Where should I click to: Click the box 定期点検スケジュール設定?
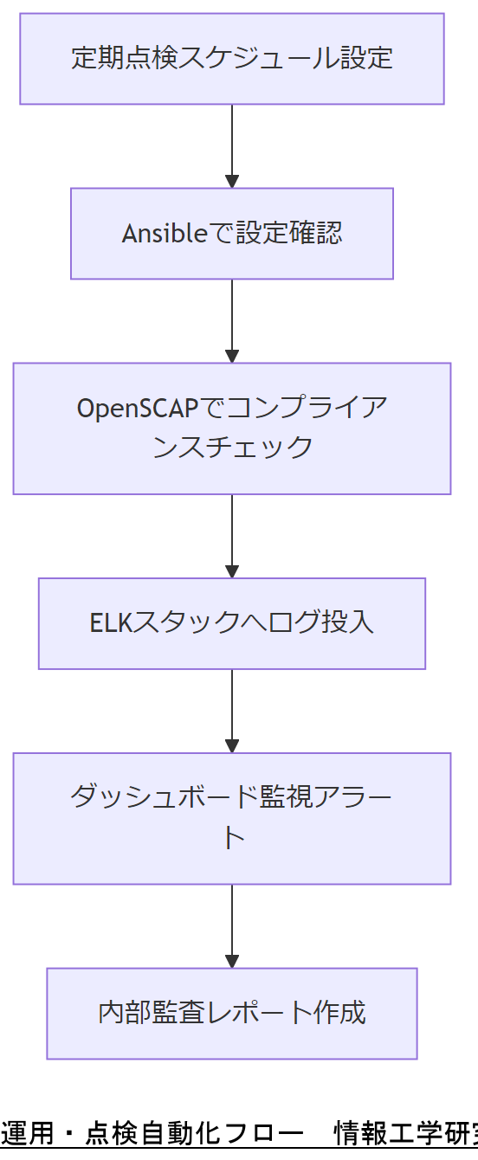tap(232, 59)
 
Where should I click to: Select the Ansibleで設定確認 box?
tap(232, 234)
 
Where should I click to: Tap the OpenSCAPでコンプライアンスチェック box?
tap(232, 429)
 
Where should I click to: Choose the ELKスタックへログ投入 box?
tap(232, 623)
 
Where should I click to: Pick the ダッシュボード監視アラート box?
tap(232, 818)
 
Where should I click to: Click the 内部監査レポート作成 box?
tap(232, 1013)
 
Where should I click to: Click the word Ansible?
tap(160, 234)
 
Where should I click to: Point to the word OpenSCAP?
tap(137, 408)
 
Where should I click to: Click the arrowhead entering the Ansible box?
tap(232, 182)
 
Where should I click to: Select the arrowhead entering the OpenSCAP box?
tap(232, 357)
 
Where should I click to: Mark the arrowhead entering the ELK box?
tap(232, 571)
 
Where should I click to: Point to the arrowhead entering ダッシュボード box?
tap(232, 746)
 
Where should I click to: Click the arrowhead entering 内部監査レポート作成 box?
tap(232, 962)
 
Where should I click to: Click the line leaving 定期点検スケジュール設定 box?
tap(232, 139)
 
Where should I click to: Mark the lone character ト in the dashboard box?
tap(232, 839)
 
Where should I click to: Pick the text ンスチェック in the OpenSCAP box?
tap(232, 448)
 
